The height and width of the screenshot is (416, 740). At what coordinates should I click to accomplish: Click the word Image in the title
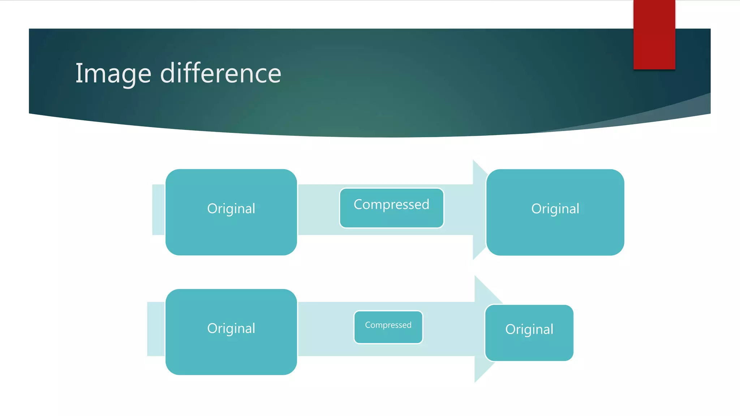tap(113, 74)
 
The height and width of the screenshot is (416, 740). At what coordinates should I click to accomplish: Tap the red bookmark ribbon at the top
tap(654, 34)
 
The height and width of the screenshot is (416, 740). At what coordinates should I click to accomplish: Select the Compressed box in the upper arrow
tap(391, 208)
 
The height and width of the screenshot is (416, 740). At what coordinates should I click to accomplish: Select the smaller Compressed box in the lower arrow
tap(388, 327)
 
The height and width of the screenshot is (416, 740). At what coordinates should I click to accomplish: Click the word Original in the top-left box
tap(231, 209)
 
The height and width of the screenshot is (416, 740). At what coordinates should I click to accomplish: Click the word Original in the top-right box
tap(555, 209)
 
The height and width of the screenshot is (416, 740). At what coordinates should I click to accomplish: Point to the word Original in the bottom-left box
tap(231, 329)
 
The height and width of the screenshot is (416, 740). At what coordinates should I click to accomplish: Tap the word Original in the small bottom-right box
tap(529, 329)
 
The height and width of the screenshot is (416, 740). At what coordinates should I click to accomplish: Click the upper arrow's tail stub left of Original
tap(158, 209)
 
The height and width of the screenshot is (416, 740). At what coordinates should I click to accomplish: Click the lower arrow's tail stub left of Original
tap(156, 329)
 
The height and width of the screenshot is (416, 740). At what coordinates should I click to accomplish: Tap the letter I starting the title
tap(78, 73)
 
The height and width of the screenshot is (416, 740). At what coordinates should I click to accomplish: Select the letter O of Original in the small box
tap(510, 329)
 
